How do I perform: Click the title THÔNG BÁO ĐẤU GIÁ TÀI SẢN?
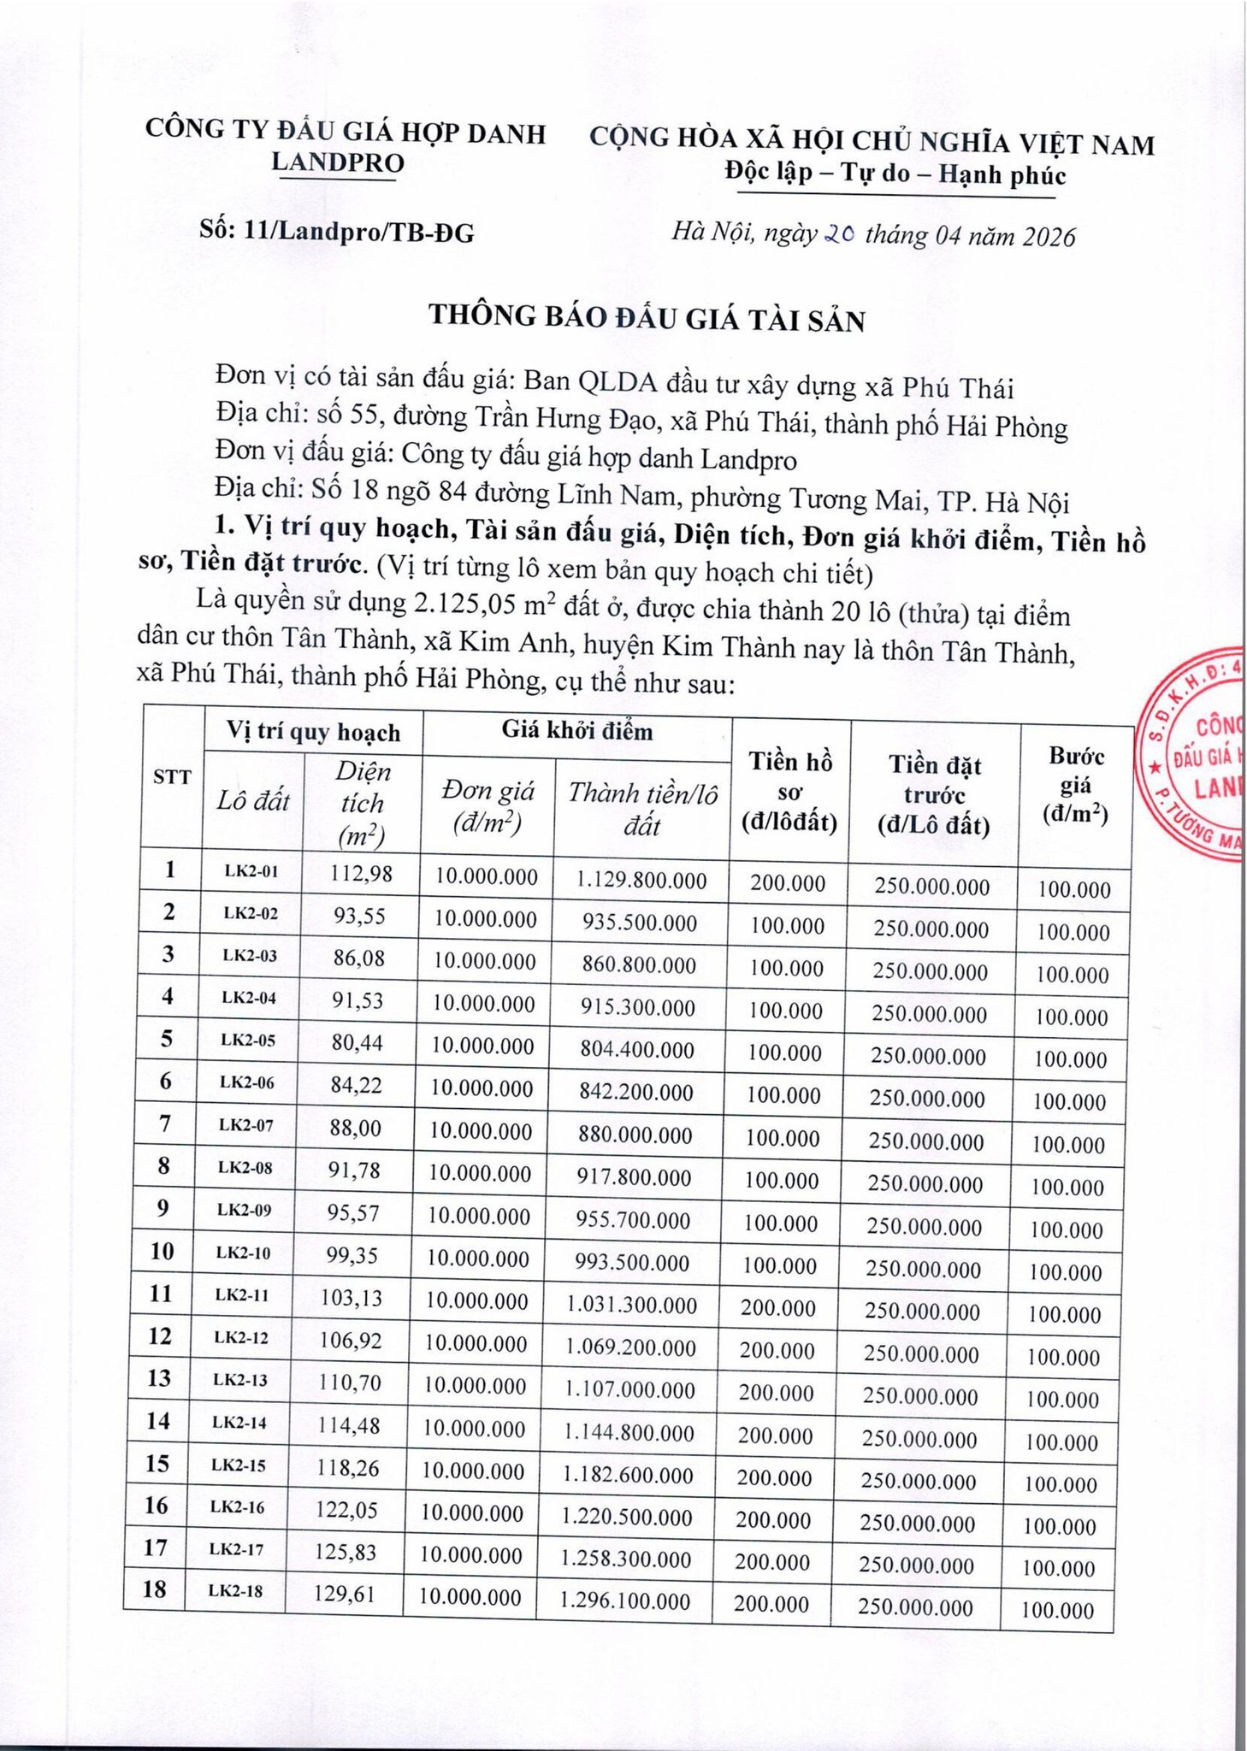point(647,318)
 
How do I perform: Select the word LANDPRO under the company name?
point(337,162)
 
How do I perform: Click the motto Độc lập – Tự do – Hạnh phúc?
point(895,174)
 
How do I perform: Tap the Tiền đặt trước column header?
point(934,794)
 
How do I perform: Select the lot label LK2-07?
point(246,1125)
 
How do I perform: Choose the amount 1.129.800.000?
point(641,880)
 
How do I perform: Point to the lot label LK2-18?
point(236,1591)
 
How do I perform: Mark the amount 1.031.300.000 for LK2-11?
point(630,1305)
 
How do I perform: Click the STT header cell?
point(172,776)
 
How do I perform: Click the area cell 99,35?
point(352,1255)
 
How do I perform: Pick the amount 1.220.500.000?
point(626,1517)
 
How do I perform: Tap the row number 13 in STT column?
point(159,1377)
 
